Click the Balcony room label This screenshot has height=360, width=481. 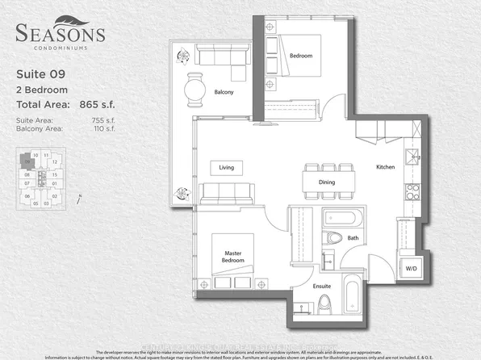point(224,93)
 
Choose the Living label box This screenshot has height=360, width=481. point(227,168)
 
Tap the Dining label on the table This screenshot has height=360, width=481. point(327,182)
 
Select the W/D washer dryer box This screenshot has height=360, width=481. point(411,268)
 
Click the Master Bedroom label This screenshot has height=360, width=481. point(233,256)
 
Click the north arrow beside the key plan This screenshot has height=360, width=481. point(79,198)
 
